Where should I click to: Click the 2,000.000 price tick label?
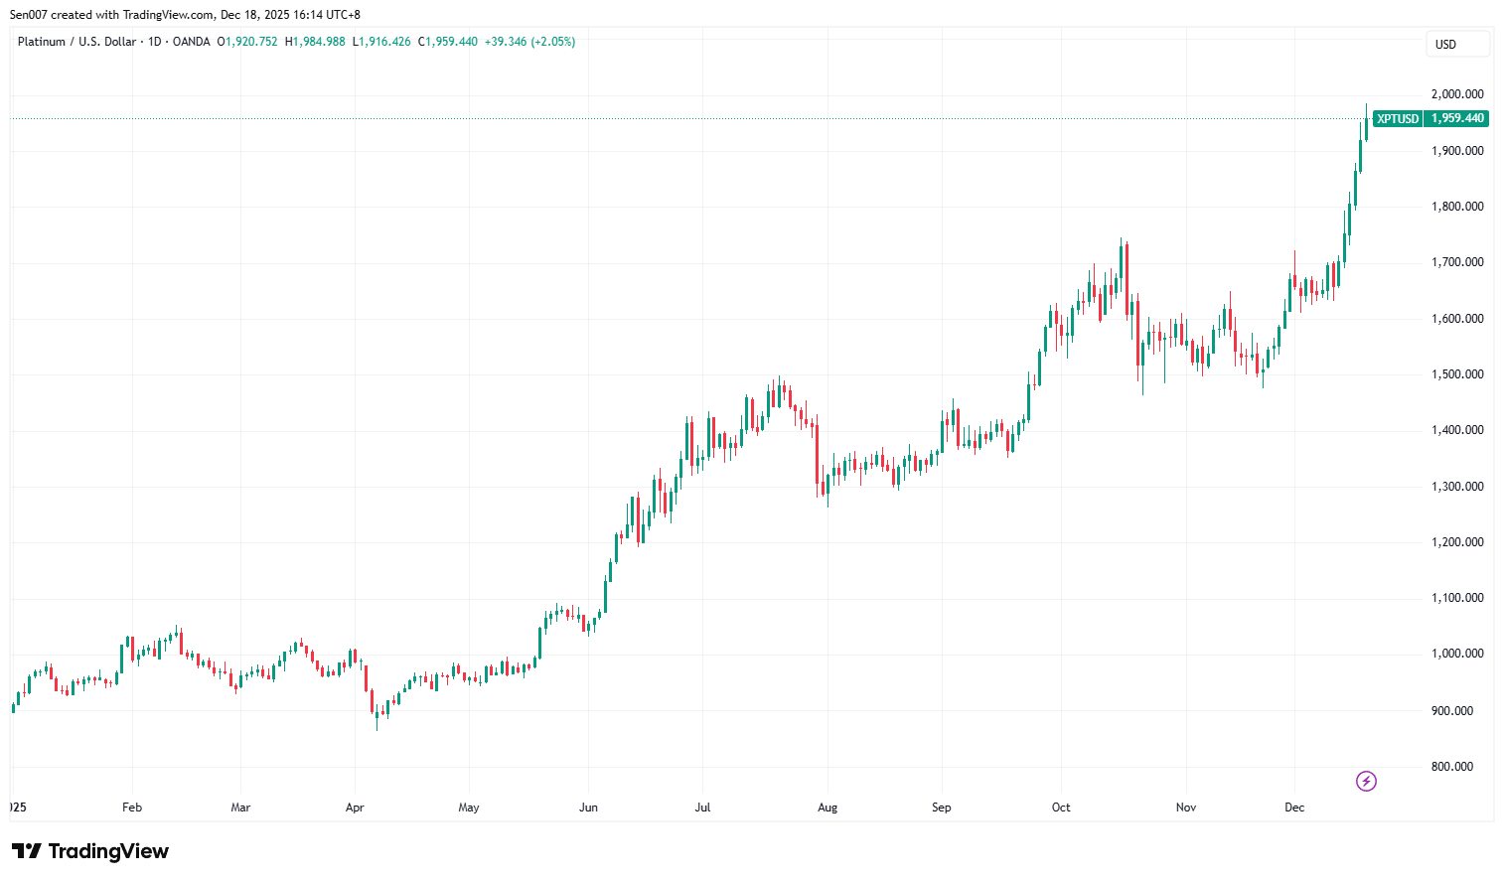pos(1456,94)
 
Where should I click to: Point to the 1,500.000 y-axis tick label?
pos(1456,374)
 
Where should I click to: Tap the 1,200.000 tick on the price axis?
pos(1456,542)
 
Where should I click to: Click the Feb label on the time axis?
pos(132,808)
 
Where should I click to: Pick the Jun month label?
pos(588,808)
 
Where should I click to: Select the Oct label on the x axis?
pos(1061,808)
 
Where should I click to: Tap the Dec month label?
pos(1294,808)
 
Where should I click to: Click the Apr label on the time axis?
pos(355,808)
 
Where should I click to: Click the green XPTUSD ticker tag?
pos(1397,119)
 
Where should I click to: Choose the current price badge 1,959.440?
pos(1457,118)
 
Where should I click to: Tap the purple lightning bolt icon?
pos(1366,782)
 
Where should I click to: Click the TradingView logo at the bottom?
pos(90,851)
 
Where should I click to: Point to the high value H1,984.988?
pos(315,42)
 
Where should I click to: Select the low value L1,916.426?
pos(381,42)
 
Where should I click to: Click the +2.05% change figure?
pos(553,42)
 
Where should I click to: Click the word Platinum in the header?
pos(41,42)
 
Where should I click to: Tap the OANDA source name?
pos(191,42)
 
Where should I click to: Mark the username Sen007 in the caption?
pos(29,15)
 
